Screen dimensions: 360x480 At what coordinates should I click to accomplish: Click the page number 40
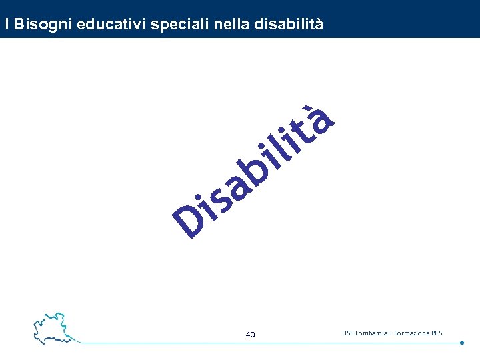[x=250, y=335]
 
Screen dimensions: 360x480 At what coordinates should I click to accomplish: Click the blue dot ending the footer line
[x=462, y=343]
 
